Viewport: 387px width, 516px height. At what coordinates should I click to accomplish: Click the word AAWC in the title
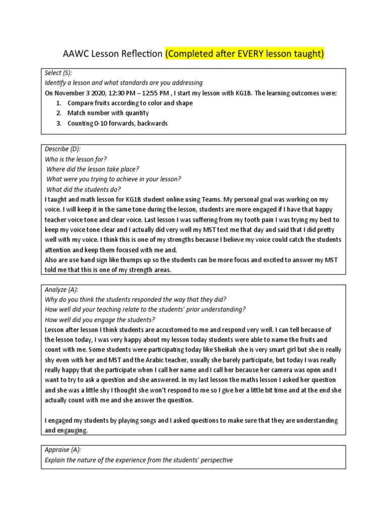pos(75,53)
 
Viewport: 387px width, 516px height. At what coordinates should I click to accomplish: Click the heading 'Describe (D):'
pos(62,149)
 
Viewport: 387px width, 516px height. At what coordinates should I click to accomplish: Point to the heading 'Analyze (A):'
pos(61,289)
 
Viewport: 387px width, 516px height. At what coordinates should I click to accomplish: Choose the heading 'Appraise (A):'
pos(63,449)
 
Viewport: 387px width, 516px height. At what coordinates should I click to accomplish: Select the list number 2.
pos(58,113)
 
